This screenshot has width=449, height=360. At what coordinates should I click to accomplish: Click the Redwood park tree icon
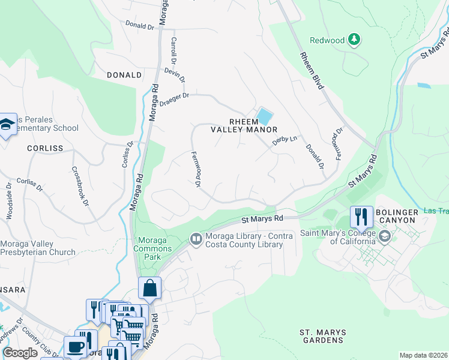355,40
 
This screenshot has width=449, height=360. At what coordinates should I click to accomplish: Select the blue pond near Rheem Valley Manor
263,116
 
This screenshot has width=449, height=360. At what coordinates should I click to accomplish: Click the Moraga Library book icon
196,239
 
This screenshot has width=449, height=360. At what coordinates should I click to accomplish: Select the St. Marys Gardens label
321,336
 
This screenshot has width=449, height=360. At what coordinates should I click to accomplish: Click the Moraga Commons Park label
152,244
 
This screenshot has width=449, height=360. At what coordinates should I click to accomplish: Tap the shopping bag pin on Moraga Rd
149,288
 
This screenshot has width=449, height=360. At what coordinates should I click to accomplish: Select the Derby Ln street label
285,140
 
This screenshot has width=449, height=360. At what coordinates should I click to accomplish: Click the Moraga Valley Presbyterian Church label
38,248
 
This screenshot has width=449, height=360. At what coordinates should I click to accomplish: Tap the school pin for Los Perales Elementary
7,124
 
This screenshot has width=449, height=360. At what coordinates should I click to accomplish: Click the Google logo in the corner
20,353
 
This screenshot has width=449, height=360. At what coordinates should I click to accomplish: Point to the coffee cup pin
76,347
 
